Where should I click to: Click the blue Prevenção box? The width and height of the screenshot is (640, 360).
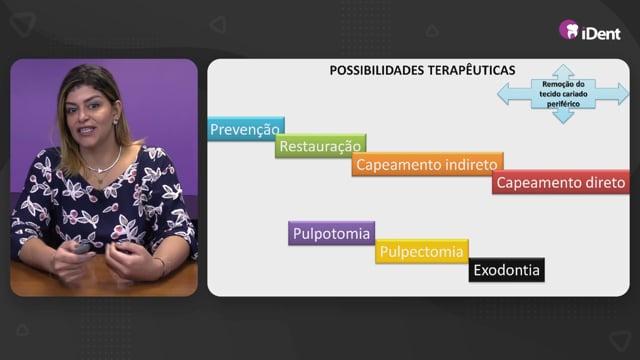246,129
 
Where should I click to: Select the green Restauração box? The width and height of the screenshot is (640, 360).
320,146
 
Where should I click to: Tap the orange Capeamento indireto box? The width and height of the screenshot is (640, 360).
427,164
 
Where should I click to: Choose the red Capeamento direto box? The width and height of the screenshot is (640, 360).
561,182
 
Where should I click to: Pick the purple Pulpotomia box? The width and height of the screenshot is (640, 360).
331,233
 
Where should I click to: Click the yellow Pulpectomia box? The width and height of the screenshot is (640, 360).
422,251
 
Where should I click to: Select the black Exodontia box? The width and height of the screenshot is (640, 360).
507,270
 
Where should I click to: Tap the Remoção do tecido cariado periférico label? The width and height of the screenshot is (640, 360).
563,94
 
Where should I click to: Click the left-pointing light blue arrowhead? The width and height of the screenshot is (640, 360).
504,94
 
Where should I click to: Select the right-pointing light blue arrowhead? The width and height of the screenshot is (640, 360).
622,94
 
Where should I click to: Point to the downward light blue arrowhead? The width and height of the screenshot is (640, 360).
563,116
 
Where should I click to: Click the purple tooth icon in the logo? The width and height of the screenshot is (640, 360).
569,29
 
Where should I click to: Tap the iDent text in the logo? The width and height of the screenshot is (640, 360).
601,33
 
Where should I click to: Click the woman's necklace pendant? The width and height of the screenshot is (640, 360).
99,171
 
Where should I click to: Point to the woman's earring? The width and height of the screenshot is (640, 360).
115,122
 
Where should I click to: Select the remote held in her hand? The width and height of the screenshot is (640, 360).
82,248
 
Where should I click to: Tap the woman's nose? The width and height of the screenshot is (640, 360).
84,116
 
